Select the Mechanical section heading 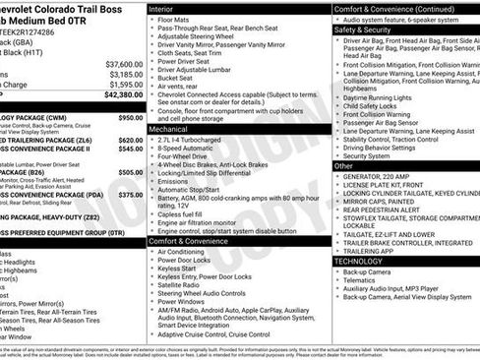(x=168, y=129)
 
